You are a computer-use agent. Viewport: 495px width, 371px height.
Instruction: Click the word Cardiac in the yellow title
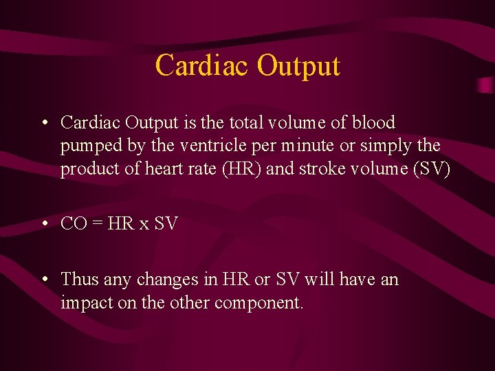(202, 66)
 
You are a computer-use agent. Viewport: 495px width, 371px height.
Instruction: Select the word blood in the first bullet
(374, 123)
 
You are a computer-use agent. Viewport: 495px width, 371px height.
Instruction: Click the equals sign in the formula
(96, 224)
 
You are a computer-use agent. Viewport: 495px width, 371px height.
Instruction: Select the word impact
(83, 303)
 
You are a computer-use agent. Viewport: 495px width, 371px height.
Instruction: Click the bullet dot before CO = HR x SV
(45, 224)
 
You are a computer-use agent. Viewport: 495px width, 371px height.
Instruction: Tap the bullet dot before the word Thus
(45, 280)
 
